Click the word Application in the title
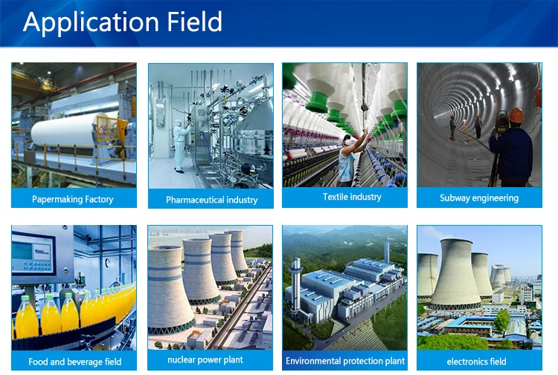click(91, 22)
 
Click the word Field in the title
click(195, 22)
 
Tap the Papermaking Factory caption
click(73, 199)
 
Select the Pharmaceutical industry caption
click(212, 200)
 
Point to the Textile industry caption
click(352, 197)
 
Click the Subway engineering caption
click(479, 198)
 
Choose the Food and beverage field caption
click(74, 362)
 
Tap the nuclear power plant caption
click(205, 359)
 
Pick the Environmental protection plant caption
click(345, 361)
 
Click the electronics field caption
click(476, 362)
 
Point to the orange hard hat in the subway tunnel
click(516, 115)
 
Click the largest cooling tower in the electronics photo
click(455, 273)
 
